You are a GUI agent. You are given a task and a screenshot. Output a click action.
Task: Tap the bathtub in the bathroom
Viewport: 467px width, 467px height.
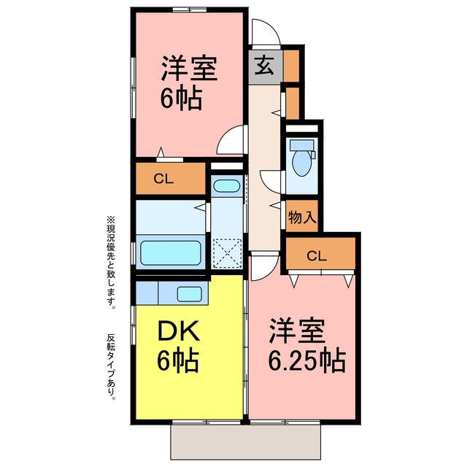[171, 253]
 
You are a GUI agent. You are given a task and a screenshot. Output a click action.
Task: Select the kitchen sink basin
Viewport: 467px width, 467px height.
[189, 294]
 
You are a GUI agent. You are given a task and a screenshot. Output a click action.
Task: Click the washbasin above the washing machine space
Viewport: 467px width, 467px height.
[227, 187]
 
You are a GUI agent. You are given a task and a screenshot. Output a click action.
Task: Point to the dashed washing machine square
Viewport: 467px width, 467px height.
[227, 253]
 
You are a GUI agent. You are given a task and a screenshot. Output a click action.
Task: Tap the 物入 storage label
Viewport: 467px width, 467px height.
[302, 217]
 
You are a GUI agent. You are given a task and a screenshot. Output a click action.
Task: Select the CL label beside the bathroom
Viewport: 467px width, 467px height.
[163, 179]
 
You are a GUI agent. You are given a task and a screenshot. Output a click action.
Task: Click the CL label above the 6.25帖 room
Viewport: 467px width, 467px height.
[317, 255]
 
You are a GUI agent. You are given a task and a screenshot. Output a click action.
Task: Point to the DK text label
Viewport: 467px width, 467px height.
[178, 331]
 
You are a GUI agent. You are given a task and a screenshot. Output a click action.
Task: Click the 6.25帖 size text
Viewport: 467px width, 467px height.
[307, 360]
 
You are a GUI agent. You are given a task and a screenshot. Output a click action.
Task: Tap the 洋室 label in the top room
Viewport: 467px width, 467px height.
[190, 68]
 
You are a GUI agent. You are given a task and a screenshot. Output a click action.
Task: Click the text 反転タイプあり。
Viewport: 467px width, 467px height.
[112, 366]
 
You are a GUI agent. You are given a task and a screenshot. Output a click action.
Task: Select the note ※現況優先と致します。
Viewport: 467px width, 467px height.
[112, 261]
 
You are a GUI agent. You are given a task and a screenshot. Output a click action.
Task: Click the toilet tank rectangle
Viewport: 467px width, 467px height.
[301, 145]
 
